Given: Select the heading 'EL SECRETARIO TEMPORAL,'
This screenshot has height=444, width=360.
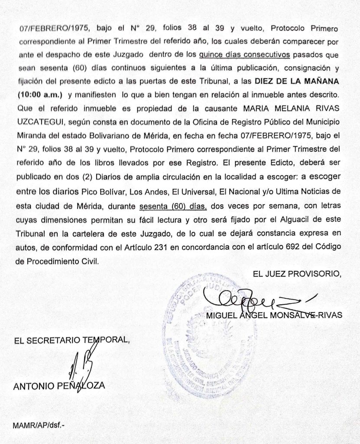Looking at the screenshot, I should pyautogui.click(x=71, y=340).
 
